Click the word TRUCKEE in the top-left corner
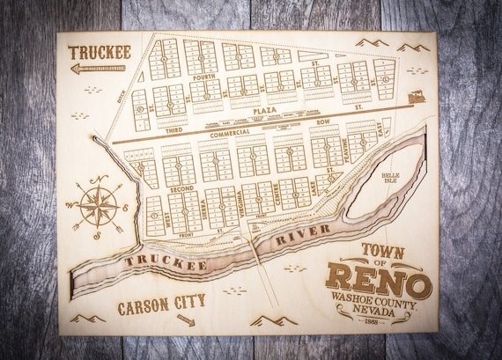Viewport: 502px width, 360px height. (x=100, y=52)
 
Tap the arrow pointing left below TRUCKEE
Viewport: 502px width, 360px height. (x=99, y=68)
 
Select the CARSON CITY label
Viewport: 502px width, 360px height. (x=161, y=303)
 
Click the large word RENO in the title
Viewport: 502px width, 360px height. (x=379, y=282)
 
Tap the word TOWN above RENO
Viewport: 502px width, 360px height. (x=383, y=251)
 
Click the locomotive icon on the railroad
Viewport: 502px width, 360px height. (x=415, y=97)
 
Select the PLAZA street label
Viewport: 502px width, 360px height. (x=264, y=111)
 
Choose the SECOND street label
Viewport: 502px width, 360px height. (x=182, y=188)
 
